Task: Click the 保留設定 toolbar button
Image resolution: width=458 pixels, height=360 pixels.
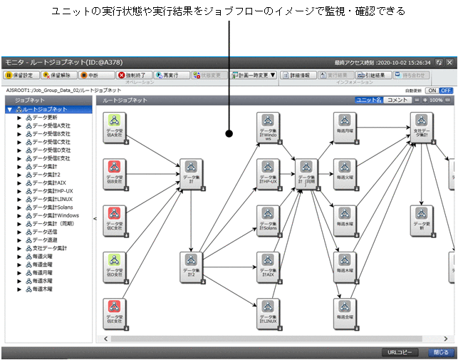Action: pyautogui.click(x=19, y=75)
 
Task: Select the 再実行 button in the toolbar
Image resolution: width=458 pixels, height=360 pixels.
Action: pyautogui.click(x=166, y=75)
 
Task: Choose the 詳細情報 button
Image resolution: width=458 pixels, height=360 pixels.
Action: pyautogui.click(x=296, y=75)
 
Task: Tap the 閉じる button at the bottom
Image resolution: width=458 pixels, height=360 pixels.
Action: pyautogui.click(x=439, y=352)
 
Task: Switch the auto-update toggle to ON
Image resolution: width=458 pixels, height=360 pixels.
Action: pyautogui.click(x=432, y=91)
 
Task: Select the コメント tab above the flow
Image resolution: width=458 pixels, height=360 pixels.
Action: pyautogui.click(x=397, y=101)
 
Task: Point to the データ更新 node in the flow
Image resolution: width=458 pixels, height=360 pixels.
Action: pyautogui.click(x=421, y=220)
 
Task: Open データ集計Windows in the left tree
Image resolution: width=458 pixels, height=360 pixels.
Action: pyautogui.click(x=56, y=215)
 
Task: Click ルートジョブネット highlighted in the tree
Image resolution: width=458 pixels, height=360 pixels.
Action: pyautogui.click(x=45, y=109)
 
